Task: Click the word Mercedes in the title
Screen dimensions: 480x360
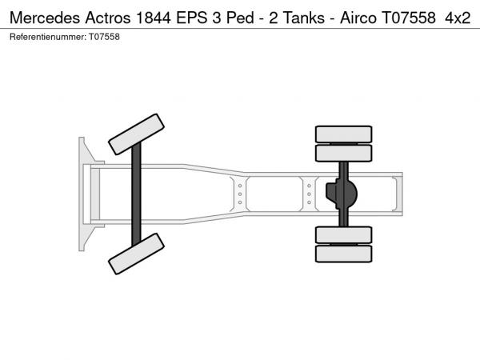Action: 45,18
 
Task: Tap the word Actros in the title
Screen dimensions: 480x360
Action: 108,18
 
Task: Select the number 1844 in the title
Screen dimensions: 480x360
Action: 153,18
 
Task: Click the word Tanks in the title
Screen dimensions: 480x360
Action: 304,18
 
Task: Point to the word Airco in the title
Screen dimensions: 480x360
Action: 358,18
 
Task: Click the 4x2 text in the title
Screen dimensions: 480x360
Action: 458,18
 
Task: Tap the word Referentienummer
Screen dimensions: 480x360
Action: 48,37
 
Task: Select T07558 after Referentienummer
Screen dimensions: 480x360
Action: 104,37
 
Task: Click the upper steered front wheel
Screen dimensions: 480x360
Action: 136,134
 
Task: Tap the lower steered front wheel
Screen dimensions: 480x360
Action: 136,254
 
